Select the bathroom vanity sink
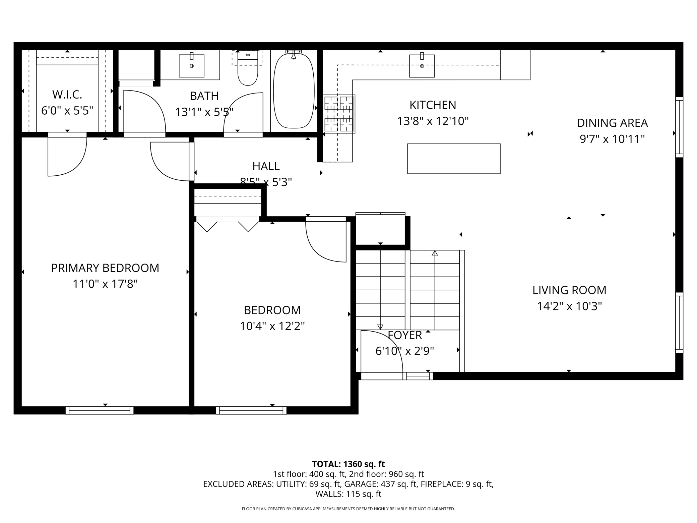point(192,66)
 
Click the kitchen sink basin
point(422,66)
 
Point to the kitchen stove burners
point(339,114)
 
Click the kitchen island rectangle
point(454,159)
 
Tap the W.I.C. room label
point(67,95)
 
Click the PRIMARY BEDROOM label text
point(105,268)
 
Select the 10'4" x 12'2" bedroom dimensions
point(272,326)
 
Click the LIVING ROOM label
point(569,290)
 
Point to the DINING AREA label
point(612,123)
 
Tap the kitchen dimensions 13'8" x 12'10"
point(433,121)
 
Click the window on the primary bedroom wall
point(100,410)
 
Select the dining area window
point(679,127)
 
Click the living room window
point(679,323)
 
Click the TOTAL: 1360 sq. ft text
point(348,464)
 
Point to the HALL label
point(266,166)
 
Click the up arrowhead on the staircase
point(435,253)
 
